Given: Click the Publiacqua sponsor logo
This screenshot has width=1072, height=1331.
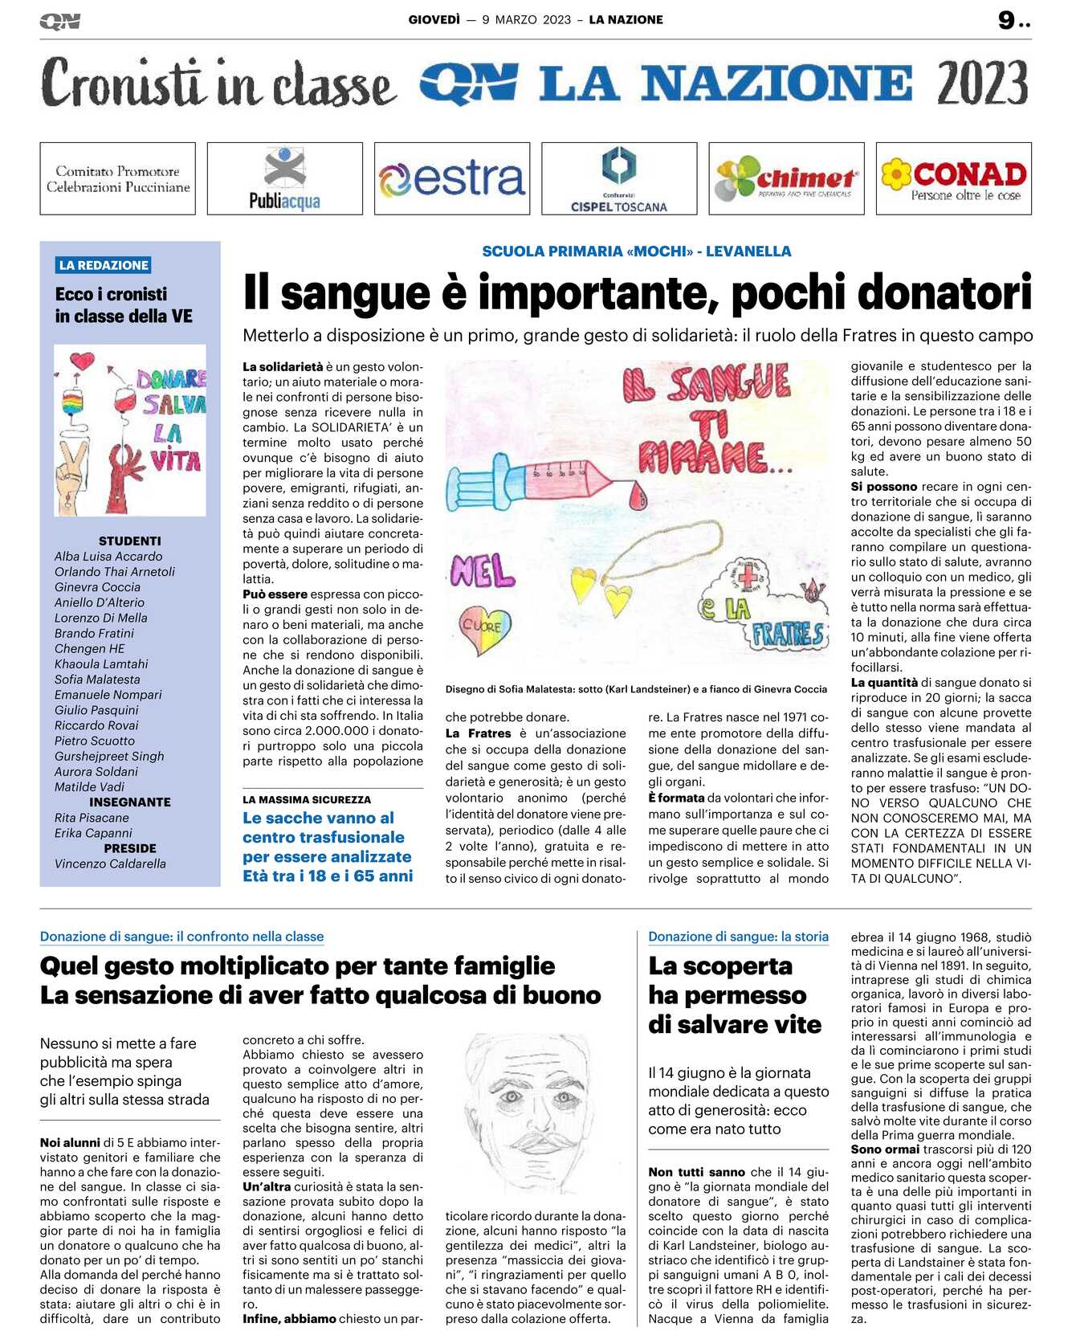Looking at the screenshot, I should tap(284, 178).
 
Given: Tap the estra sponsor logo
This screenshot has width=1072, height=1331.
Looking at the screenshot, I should tap(451, 178).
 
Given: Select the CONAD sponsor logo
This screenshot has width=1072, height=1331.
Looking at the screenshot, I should tap(953, 178).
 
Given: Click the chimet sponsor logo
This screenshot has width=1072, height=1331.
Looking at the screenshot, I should tap(786, 178).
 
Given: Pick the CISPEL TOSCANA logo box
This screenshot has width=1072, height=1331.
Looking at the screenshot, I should tap(619, 178).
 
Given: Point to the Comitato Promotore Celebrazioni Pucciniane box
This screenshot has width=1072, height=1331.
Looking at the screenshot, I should tap(118, 178).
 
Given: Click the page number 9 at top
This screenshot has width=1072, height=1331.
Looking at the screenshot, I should tap(1007, 20).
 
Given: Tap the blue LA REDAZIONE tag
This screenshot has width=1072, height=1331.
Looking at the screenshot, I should tap(104, 265).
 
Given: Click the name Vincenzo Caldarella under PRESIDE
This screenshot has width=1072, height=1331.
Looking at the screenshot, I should tap(110, 864).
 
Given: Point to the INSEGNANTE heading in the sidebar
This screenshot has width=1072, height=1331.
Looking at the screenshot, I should tap(129, 802).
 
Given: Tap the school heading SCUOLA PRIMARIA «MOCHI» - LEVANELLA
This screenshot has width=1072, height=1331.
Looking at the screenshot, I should tap(636, 251).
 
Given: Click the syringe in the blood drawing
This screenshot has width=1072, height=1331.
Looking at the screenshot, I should tap(546, 482).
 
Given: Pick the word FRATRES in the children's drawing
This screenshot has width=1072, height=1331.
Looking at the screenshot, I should tap(787, 635).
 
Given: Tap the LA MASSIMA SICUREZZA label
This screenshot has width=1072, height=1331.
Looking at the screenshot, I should tap(307, 799).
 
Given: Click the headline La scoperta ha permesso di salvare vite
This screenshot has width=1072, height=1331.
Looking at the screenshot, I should tap(734, 995).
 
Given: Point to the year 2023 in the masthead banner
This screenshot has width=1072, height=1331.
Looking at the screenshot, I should tap(981, 84).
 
